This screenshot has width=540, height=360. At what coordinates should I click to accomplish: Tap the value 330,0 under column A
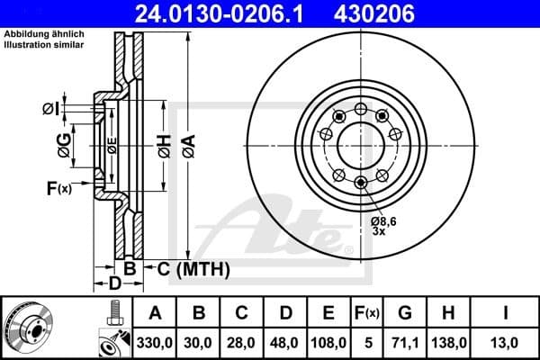[x=155, y=342]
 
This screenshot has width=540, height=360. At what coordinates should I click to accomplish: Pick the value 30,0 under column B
[x=198, y=342]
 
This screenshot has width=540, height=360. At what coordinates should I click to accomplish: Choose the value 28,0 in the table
[x=241, y=342]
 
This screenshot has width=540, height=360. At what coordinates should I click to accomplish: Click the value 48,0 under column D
[x=284, y=342]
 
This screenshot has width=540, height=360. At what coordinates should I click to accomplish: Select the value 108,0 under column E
[x=328, y=342]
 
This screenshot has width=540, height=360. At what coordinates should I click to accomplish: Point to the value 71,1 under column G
[x=406, y=342]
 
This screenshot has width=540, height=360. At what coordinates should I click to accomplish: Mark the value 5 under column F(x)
[x=367, y=342]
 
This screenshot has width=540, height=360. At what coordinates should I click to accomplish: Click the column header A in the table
[x=155, y=313]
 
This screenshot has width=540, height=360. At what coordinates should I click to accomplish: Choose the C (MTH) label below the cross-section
[x=193, y=268]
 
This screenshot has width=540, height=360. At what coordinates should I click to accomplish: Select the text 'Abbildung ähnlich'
[x=38, y=34]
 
